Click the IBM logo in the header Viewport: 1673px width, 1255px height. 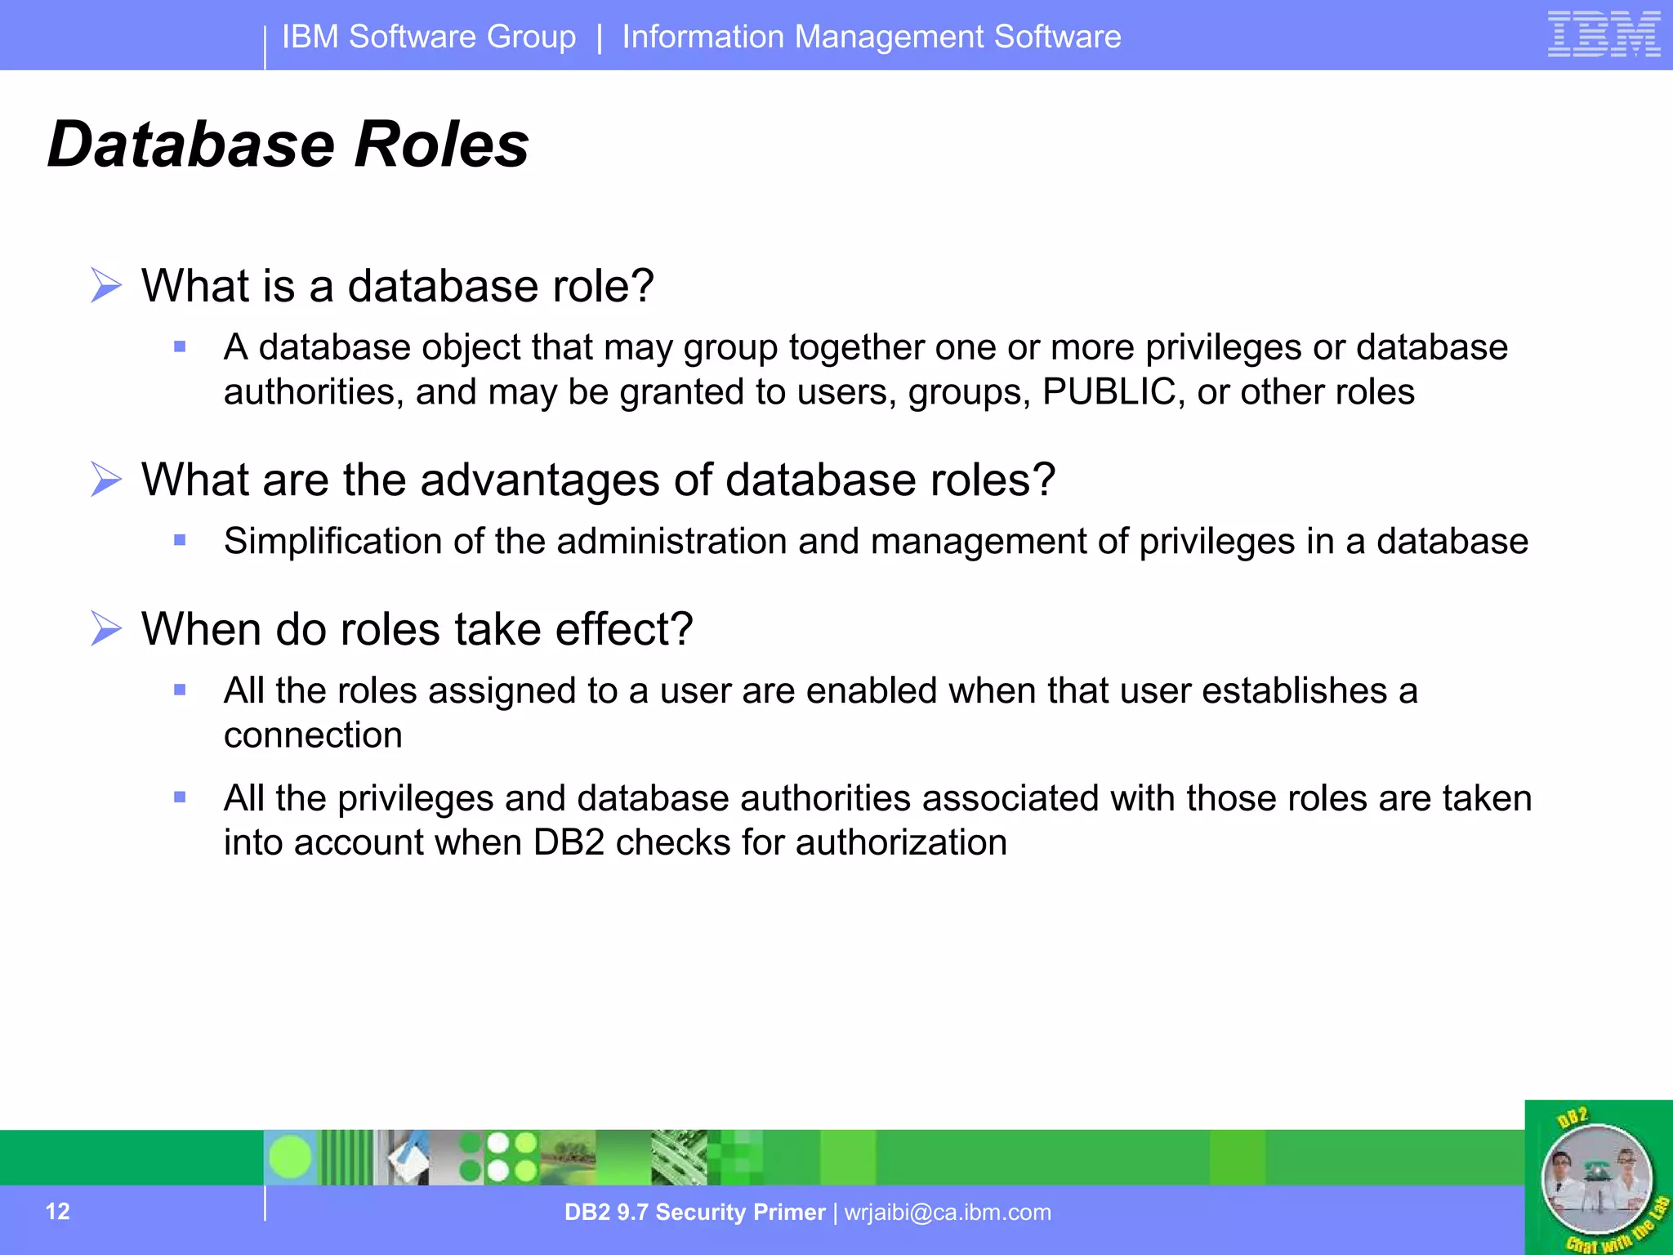pos(1604,34)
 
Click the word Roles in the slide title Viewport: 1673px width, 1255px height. pos(442,145)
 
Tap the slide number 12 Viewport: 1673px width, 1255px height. pos(57,1211)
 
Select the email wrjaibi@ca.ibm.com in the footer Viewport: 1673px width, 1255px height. pos(948,1213)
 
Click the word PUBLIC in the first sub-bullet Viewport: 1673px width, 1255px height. pos(1109,392)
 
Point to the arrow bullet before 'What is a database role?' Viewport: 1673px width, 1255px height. pos(105,285)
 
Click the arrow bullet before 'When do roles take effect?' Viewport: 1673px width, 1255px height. pos(105,628)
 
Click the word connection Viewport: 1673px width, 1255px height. pos(313,735)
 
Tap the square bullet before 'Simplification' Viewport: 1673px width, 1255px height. pos(181,540)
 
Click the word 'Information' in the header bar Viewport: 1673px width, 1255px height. pos(703,37)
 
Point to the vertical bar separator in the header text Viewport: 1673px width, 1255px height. pos(600,38)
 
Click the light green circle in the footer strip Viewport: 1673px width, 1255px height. pos(290,1157)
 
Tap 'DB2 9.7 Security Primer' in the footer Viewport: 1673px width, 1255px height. pos(694,1213)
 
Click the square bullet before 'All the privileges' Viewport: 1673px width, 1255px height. pos(181,797)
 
